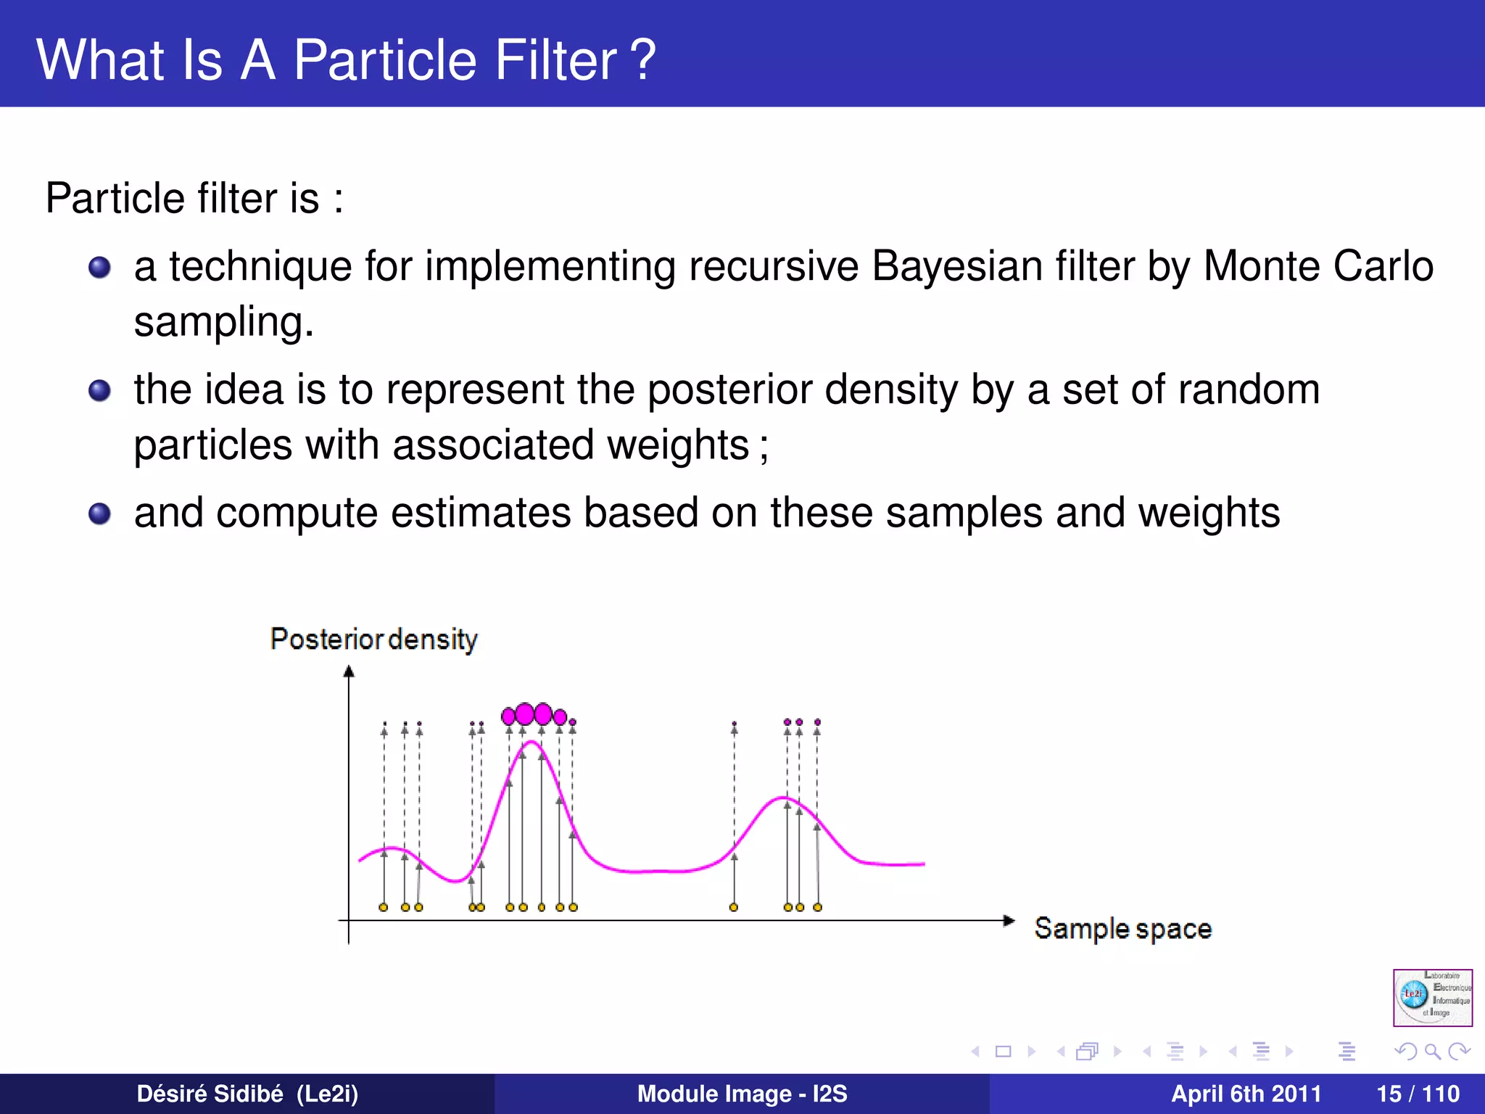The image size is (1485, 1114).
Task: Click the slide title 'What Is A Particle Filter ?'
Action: (346, 59)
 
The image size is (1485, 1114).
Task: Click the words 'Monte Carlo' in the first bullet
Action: (1318, 266)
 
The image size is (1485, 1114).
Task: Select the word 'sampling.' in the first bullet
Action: (223, 322)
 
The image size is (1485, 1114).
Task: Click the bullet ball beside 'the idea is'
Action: (99, 391)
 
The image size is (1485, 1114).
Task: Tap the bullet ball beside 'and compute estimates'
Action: (99, 514)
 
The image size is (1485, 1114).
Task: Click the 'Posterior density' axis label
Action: (373, 640)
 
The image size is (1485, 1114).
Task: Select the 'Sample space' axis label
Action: (1122, 929)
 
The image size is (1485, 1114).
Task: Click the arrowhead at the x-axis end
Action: (1009, 921)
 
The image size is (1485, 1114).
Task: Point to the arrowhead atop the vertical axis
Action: (349, 672)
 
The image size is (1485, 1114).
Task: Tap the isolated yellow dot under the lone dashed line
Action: (734, 907)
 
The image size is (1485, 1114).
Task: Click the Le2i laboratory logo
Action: (1432, 997)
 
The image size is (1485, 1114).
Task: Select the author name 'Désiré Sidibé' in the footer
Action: (210, 1094)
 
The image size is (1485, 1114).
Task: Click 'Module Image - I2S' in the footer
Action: (742, 1094)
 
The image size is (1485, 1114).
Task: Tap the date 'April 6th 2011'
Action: (1246, 1094)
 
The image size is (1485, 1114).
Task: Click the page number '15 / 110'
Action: (1418, 1094)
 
